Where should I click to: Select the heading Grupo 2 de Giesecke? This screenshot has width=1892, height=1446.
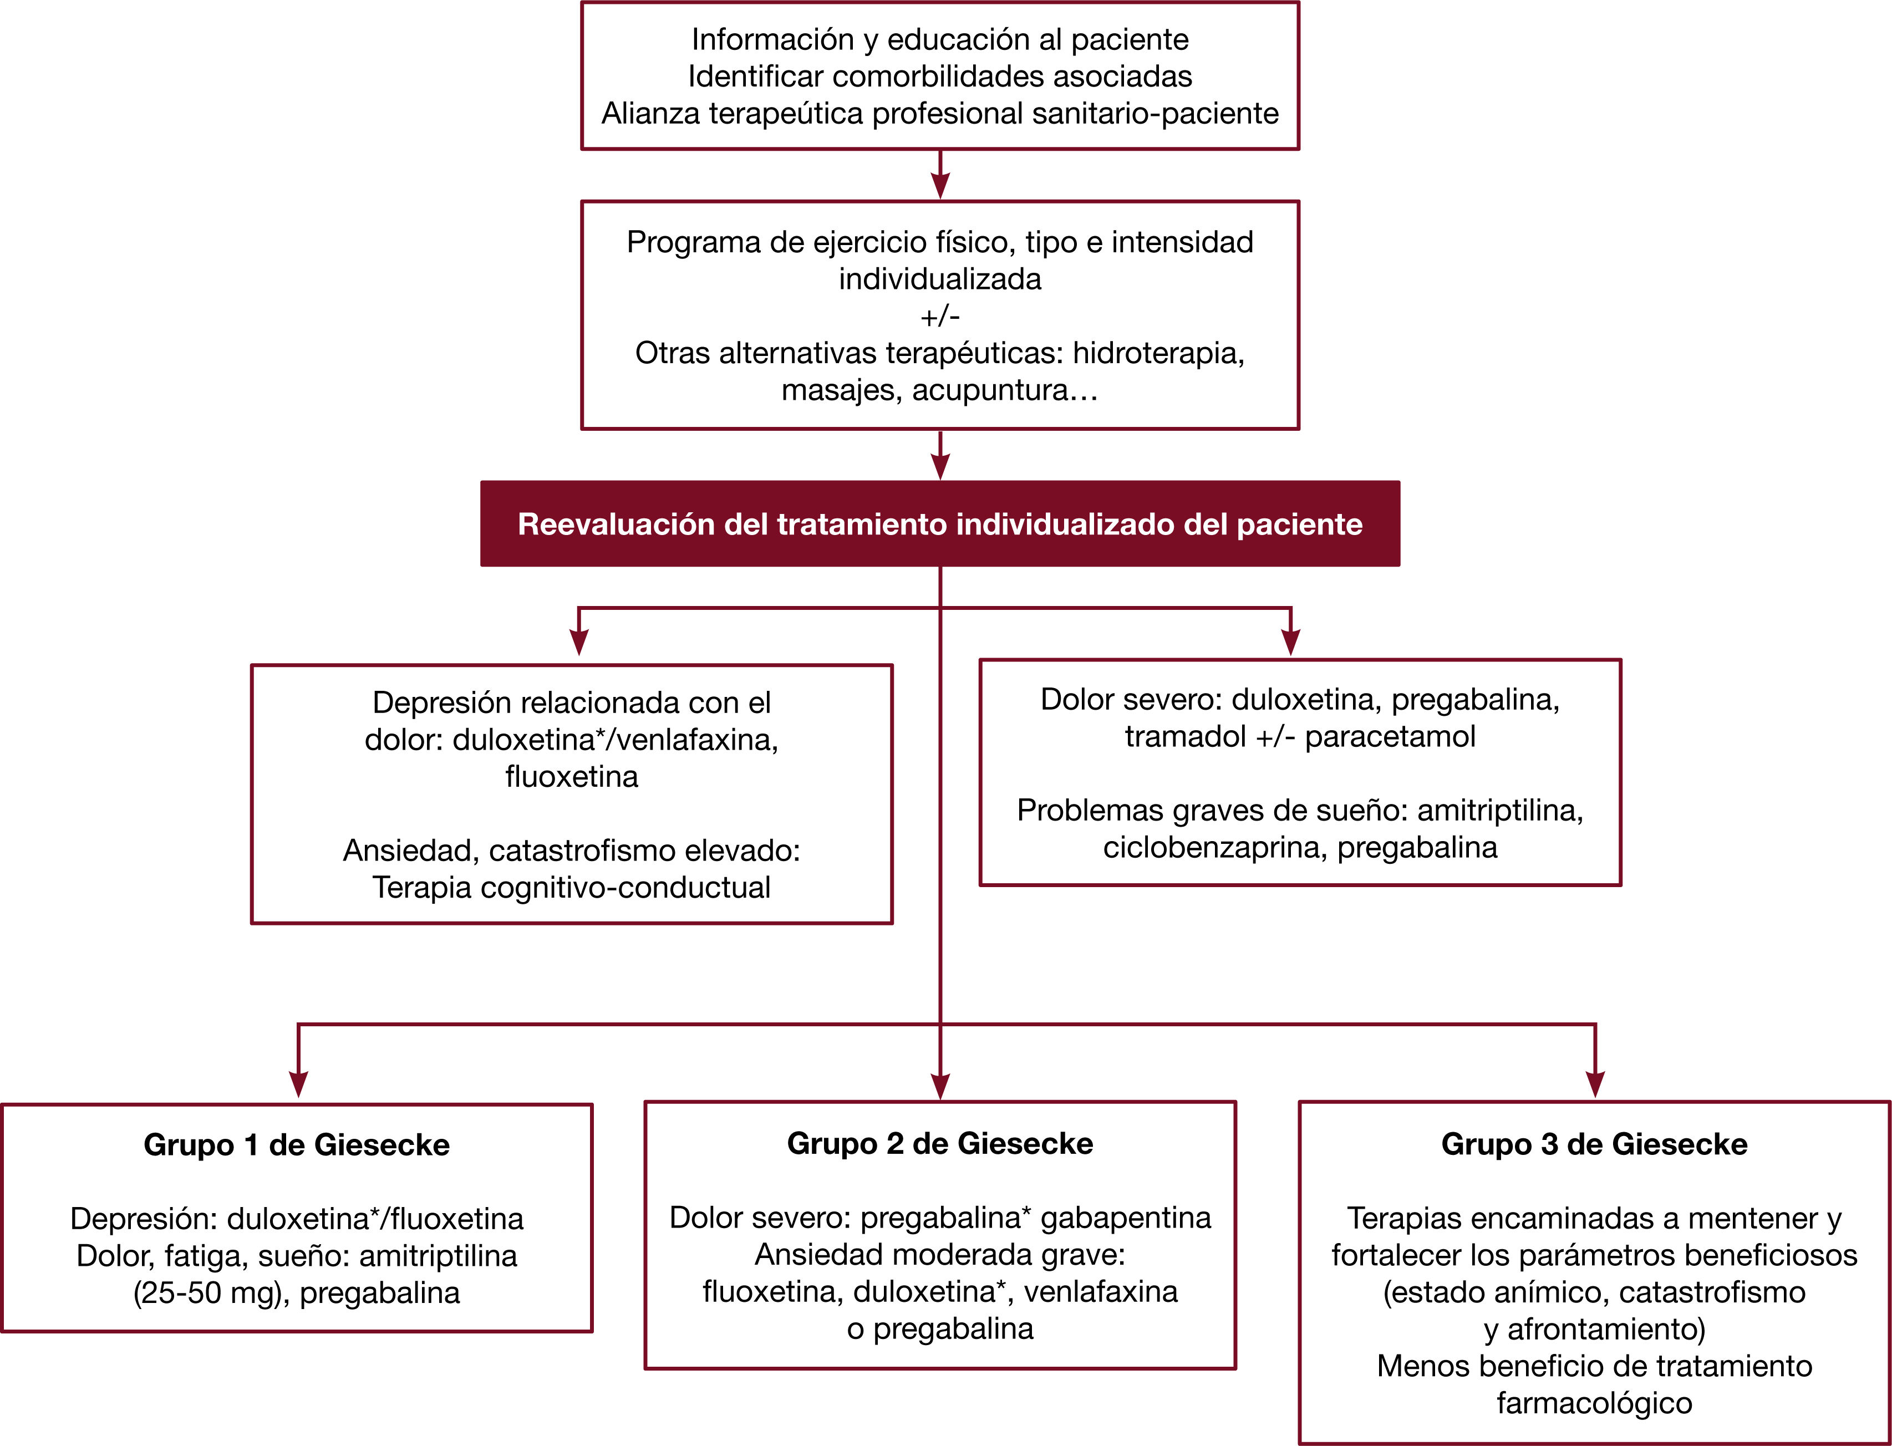pos(940,1143)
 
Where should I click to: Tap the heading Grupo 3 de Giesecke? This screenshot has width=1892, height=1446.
pos(1594,1144)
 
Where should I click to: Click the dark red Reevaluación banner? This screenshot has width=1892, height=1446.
pos(940,523)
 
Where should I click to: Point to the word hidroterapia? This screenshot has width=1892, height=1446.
pos(1158,353)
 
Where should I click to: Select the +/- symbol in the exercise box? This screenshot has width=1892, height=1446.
pos(940,317)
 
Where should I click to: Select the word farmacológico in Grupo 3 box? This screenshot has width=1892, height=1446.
pos(1594,1403)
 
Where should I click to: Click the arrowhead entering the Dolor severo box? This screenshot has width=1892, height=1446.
pos(1290,641)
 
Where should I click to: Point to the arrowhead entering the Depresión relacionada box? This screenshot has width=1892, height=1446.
pos(579,641)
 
